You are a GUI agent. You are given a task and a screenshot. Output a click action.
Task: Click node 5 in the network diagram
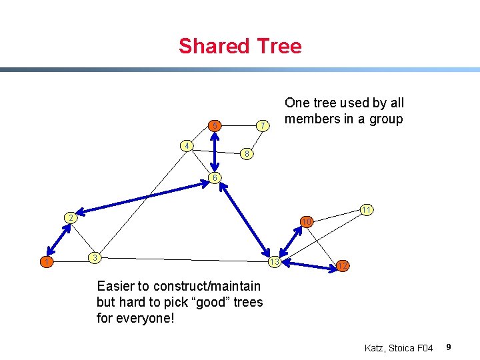tap(214, 125)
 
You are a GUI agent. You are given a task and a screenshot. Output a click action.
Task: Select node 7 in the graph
tap(263, 125)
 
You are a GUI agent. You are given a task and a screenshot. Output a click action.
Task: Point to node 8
tap(246, 154)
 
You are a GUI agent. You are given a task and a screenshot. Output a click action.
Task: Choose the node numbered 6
tap(213, 177)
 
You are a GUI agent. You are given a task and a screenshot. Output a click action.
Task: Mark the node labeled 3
tap(96, 257)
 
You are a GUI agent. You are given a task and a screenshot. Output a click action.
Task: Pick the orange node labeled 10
tap(306, 221)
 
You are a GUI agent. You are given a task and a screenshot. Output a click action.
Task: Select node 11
tap(366, 209)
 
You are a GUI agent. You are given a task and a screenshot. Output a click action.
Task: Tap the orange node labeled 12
tap(342, 266)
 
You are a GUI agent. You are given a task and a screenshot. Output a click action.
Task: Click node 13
tap(274, 261)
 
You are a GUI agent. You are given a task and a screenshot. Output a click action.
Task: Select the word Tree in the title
tap(277, 46)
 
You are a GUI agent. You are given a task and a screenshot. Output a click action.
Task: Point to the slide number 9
tap(449, 347)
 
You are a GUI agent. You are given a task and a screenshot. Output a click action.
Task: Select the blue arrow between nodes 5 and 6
tap(214, 151)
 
